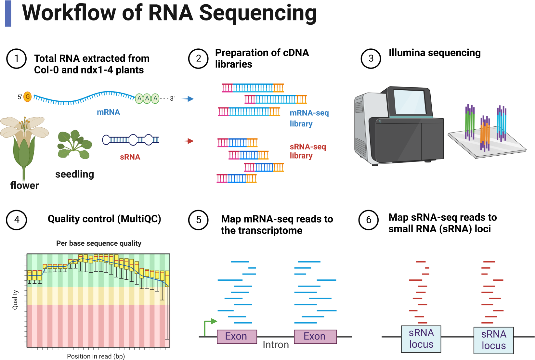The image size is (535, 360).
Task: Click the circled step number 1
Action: [x=16, y=58]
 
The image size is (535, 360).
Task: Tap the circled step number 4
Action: [x=16, y=220]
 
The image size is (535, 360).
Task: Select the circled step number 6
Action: [x=369, y=220]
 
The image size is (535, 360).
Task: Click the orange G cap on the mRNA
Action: [x=28, y=96]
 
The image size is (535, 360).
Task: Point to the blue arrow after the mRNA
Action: [x=187, y=99]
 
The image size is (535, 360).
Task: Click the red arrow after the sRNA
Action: [x=187, y=141]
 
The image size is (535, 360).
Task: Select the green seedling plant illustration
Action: [x=74, y=145]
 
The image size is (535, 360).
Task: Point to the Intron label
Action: [x=276, y=345]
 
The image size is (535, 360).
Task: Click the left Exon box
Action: [x=237, y=337]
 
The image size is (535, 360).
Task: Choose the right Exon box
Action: [x=315, y=337]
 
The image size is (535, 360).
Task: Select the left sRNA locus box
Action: [x=421, y=339]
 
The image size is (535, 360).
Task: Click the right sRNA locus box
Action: [x=493, y=340]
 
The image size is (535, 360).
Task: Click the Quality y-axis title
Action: [x=15, y=300]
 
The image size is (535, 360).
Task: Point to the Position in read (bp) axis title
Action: [x=96, y=356]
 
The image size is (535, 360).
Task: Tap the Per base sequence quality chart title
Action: [x=99, y=243]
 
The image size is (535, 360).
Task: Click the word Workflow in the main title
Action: [x=69, y=13]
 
